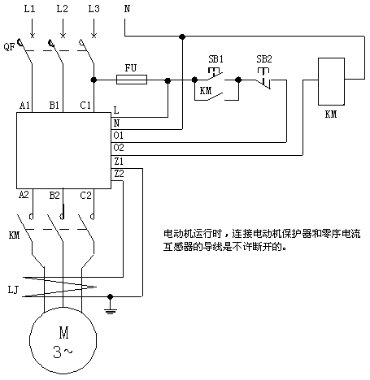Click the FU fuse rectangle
[x=132, y=80]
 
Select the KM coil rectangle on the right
[x=331, y=81]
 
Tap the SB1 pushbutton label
[x=215, y=59]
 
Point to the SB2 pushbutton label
[x=264, y=59]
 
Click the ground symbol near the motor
[x=110, y=309]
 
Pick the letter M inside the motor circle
[x=64, y=333]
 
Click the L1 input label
[x=29, y=9]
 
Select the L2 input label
[x=62, y=9]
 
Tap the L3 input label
[x=94, y=9]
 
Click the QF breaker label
[x=9, y=47]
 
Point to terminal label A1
[x=24, y=105]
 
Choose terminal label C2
[x=85, y=195]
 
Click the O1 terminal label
[x=119, y=135]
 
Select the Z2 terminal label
[x=119, y=174]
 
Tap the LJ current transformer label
[x=13, y=290]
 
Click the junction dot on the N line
[x=182, y=37]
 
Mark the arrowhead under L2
[x=63, y=35]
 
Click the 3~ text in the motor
[x=63, y=352]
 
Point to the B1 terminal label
[x=54, y=105]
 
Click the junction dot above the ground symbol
[x=110, y=296]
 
